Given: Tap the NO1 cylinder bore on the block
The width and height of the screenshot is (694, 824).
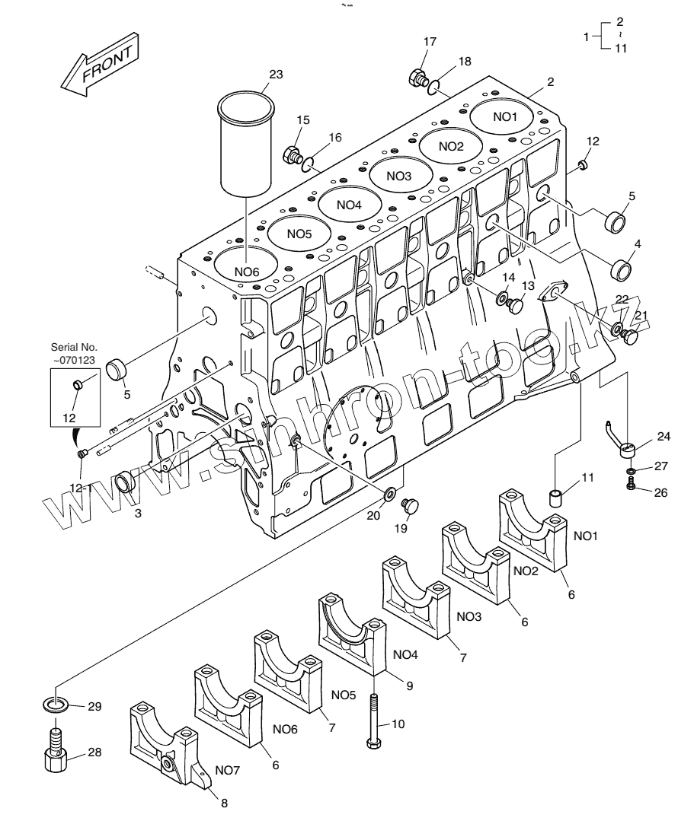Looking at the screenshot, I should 504,116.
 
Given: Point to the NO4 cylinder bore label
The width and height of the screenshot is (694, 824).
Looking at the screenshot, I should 348,204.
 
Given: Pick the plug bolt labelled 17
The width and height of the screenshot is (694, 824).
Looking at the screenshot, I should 417,77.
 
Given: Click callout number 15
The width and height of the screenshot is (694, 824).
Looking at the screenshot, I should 303,120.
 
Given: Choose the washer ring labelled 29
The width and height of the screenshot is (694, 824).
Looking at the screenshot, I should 56,705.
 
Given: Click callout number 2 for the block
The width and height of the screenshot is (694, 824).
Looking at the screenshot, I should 550,81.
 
